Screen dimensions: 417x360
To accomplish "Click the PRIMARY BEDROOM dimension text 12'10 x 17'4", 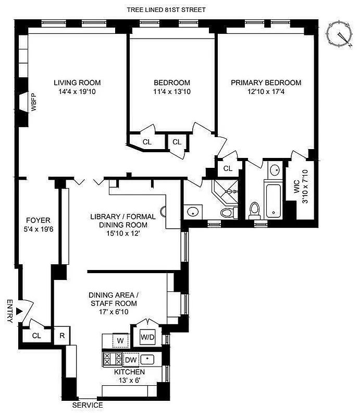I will point(266,92).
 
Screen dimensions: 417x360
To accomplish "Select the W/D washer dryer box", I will point(147,337).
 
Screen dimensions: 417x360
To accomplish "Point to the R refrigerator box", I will point(62,336).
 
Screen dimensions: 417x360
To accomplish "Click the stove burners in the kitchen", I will point(113,359).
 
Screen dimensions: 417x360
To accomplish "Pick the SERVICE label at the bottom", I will point(87,405).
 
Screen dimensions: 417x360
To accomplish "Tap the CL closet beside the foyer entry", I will point(36,336).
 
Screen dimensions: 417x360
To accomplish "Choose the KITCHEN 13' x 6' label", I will point(130,376).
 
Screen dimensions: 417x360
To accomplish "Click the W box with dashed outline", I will point(120,341).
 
